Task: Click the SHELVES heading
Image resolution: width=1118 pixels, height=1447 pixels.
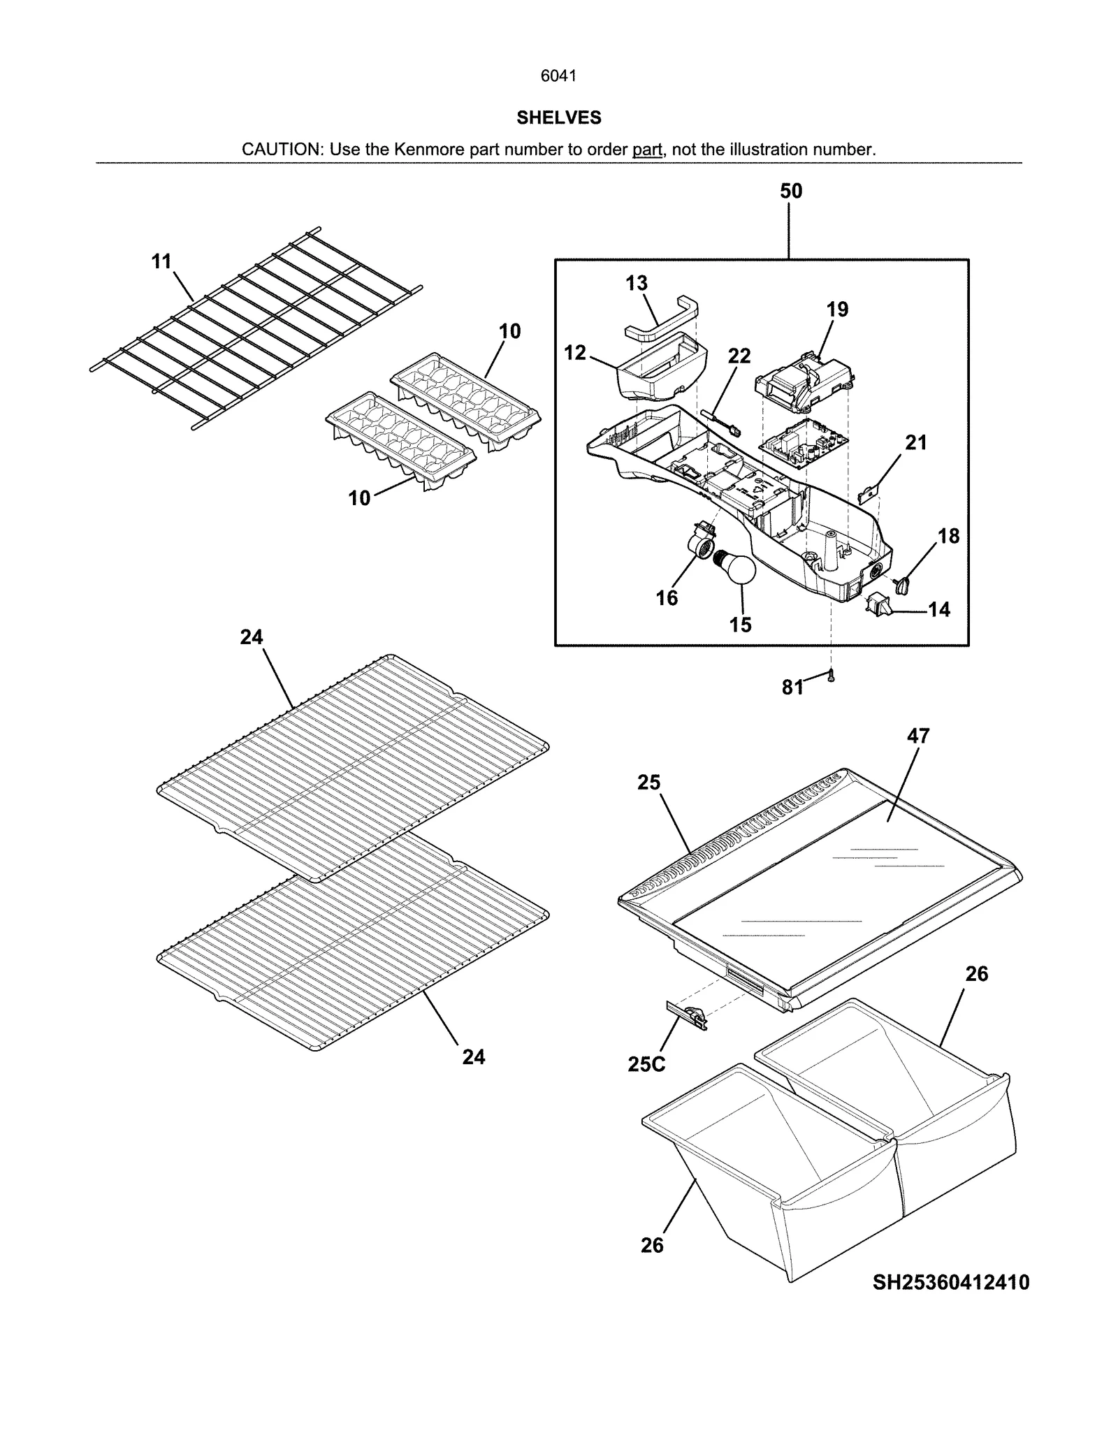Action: pyautogui.click(x=558, y=117)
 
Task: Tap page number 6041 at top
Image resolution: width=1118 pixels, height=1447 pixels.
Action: pyautogui.click(x=558, y=76)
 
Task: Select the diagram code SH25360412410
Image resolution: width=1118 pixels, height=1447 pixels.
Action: pyautogui.click(x=950, y=1283)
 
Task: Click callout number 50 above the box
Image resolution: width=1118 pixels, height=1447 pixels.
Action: pyautogui.click(x=791, y=191)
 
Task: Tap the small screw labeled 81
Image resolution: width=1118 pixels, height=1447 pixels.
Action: pyautogui.click(x=831, y=676)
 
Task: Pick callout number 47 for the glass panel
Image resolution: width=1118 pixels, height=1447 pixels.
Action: pyautogui.click(x=918, y=736)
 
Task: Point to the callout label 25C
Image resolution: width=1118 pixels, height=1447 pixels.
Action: pyautogui.click(x=646, y=1064)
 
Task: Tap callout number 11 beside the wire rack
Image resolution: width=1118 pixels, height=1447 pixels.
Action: pyautogui.click(x=161, y=262)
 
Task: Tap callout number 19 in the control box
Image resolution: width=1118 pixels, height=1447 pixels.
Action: pyautogui.click(x=837, y=310)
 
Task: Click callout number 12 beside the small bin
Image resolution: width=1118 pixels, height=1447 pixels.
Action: pyautogui.click(x=575, y=354)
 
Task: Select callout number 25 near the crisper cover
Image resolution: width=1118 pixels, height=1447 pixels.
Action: pyautogui.click(x=648, y=783)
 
